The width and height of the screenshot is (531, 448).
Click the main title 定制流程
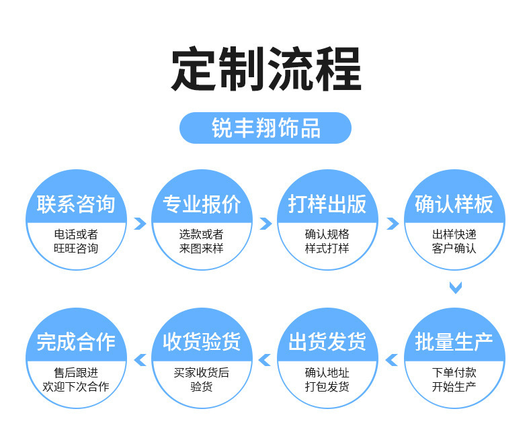click(266, 69)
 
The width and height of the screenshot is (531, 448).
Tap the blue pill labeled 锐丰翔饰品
click(265, 128)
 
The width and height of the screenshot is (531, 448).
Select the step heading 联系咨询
click(76, 204)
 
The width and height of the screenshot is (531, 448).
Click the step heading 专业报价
click(202, 204)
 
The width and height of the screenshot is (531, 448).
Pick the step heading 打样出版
click(327, 204)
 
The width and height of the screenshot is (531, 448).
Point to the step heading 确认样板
click(454, 204)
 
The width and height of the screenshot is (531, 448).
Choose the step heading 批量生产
click(454, 342)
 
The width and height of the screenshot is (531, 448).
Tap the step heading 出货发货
click(327, 342)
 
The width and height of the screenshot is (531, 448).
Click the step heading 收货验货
click(202, 342)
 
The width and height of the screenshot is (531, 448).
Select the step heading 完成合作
click(76, 342)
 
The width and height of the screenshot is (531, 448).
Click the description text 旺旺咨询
click(76, 249)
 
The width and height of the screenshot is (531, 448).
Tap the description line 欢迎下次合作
click(76, 386)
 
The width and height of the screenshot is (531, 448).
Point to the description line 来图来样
click(202, 249)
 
